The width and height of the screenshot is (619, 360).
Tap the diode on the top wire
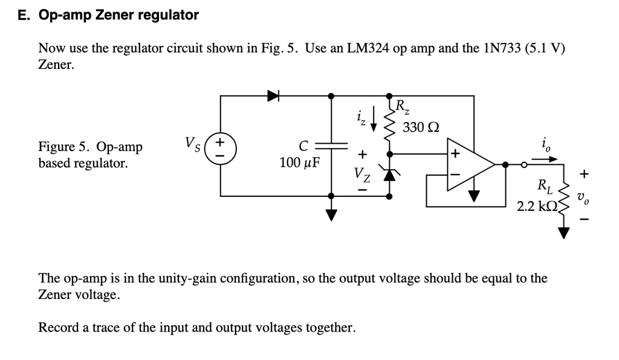273,95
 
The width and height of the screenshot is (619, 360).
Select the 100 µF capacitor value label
300,163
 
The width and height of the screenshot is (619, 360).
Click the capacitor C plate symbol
331,146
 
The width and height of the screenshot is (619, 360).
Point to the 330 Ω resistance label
421,127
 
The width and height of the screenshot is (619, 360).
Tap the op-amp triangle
469,164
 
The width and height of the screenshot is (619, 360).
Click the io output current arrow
545,160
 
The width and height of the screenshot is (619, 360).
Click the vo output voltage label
582,196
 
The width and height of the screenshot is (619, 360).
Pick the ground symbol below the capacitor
331,214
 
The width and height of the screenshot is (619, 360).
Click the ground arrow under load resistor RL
564,232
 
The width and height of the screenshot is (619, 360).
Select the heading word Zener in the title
115,16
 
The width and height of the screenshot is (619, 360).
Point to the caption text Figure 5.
65,147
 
